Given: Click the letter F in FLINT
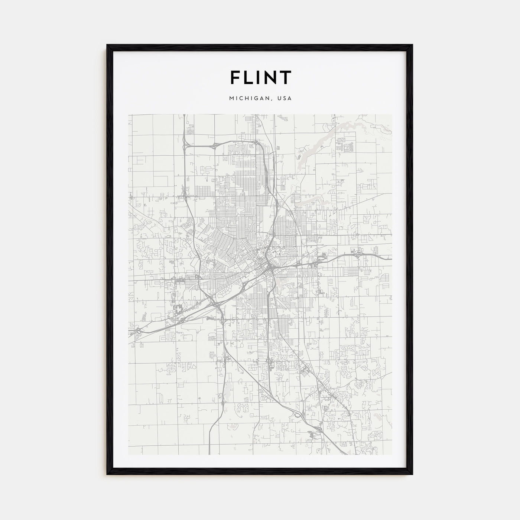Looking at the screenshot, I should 235,77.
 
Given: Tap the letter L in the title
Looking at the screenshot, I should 249,77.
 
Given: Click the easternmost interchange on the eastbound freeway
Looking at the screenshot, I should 358,254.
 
